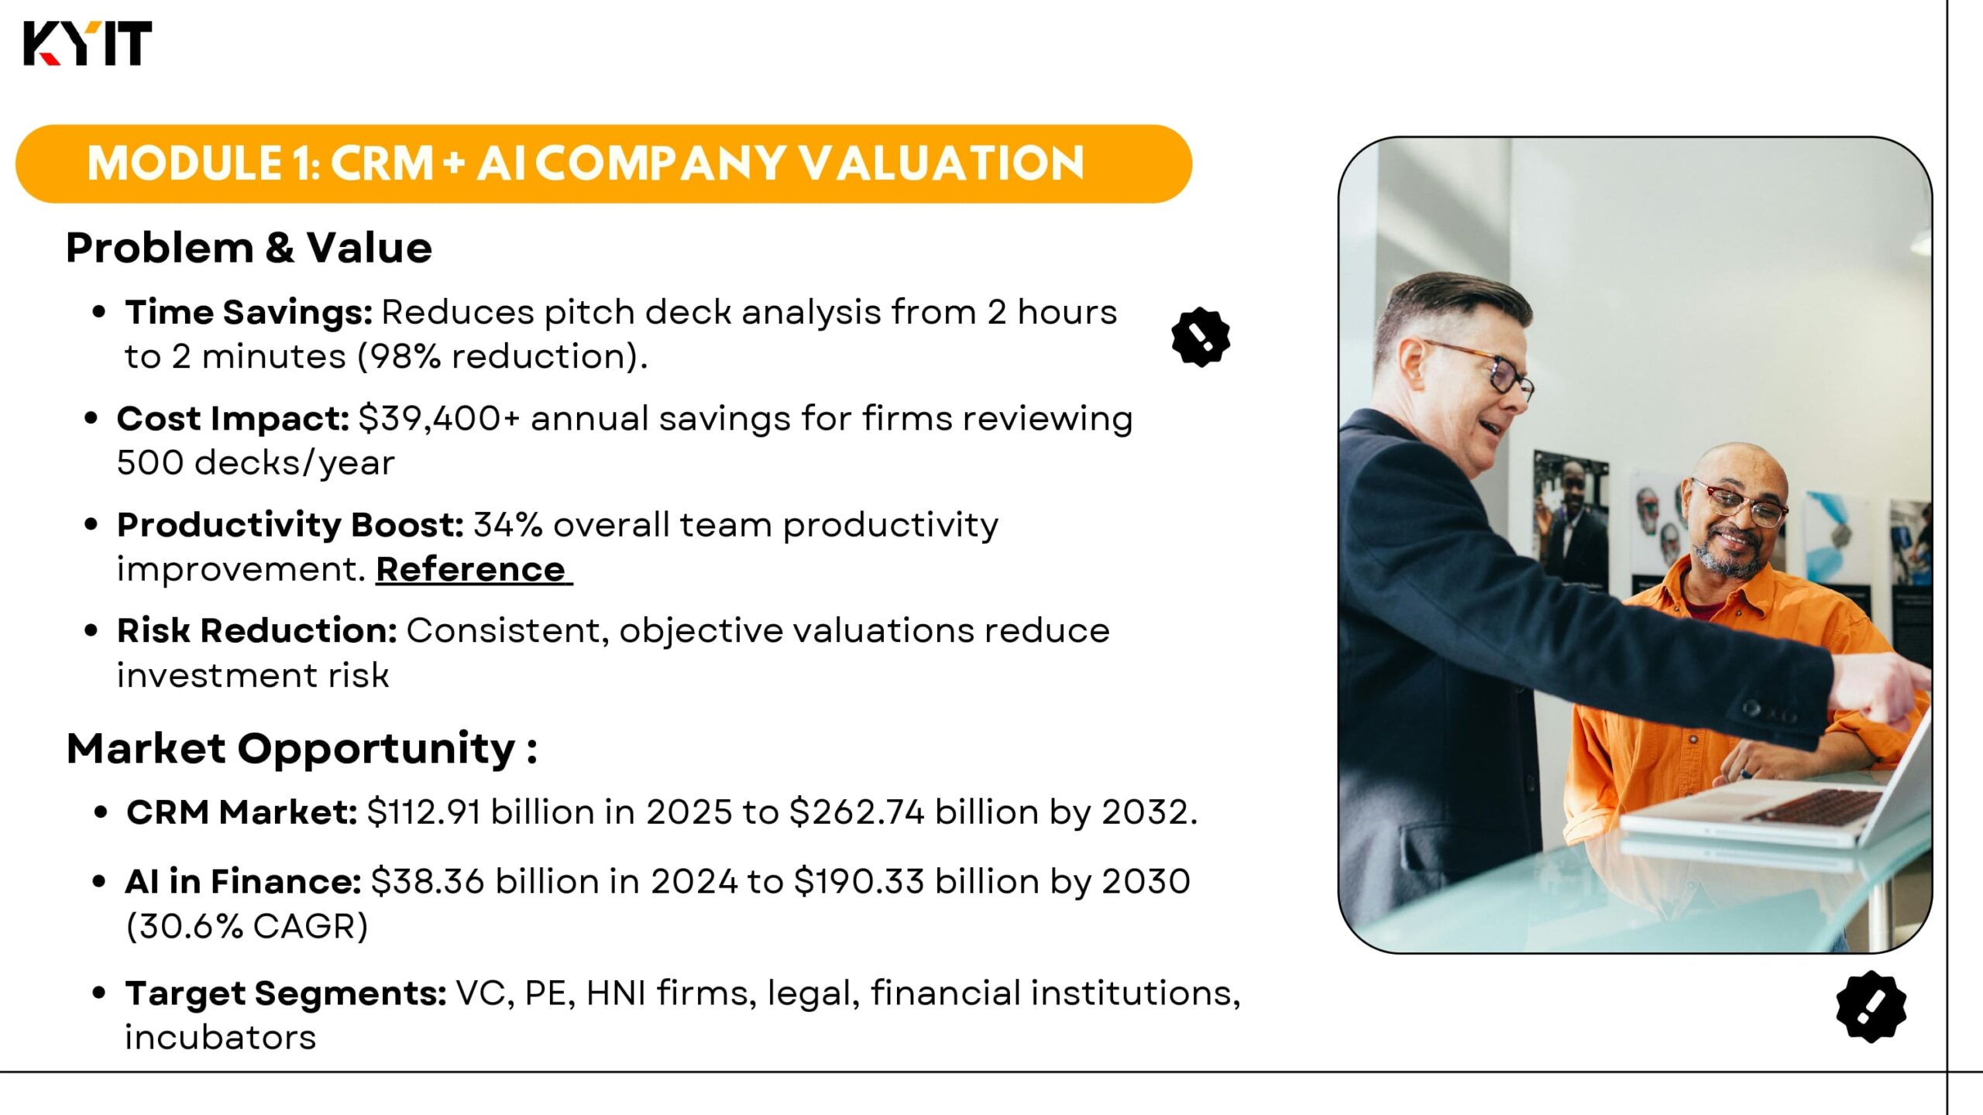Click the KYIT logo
tap(88, 43)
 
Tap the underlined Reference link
tap(474, 569)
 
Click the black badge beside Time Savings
tap(1200, 337)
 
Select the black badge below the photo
tap(1871, 1006)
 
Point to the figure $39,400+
tap(439, 419)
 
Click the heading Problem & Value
tap(249, 248)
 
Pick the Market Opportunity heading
tap(302, 749)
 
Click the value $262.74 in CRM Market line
tap(857, 812)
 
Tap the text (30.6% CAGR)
tap(247, 926)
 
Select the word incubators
tap(221, 1038)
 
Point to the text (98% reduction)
tap(503, 357)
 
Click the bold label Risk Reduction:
tap(257, 630)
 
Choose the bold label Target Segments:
tap(286, 993)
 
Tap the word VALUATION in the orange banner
tap(941, 163)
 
